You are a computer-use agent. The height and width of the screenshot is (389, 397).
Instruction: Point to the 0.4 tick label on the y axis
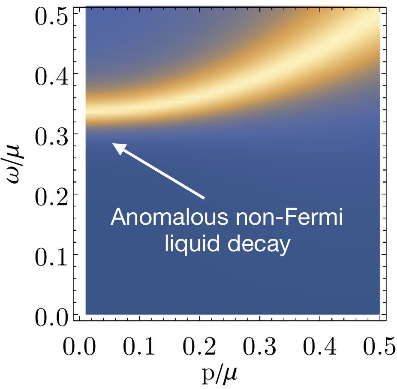51,74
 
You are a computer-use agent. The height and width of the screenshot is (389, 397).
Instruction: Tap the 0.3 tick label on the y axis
51,134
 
